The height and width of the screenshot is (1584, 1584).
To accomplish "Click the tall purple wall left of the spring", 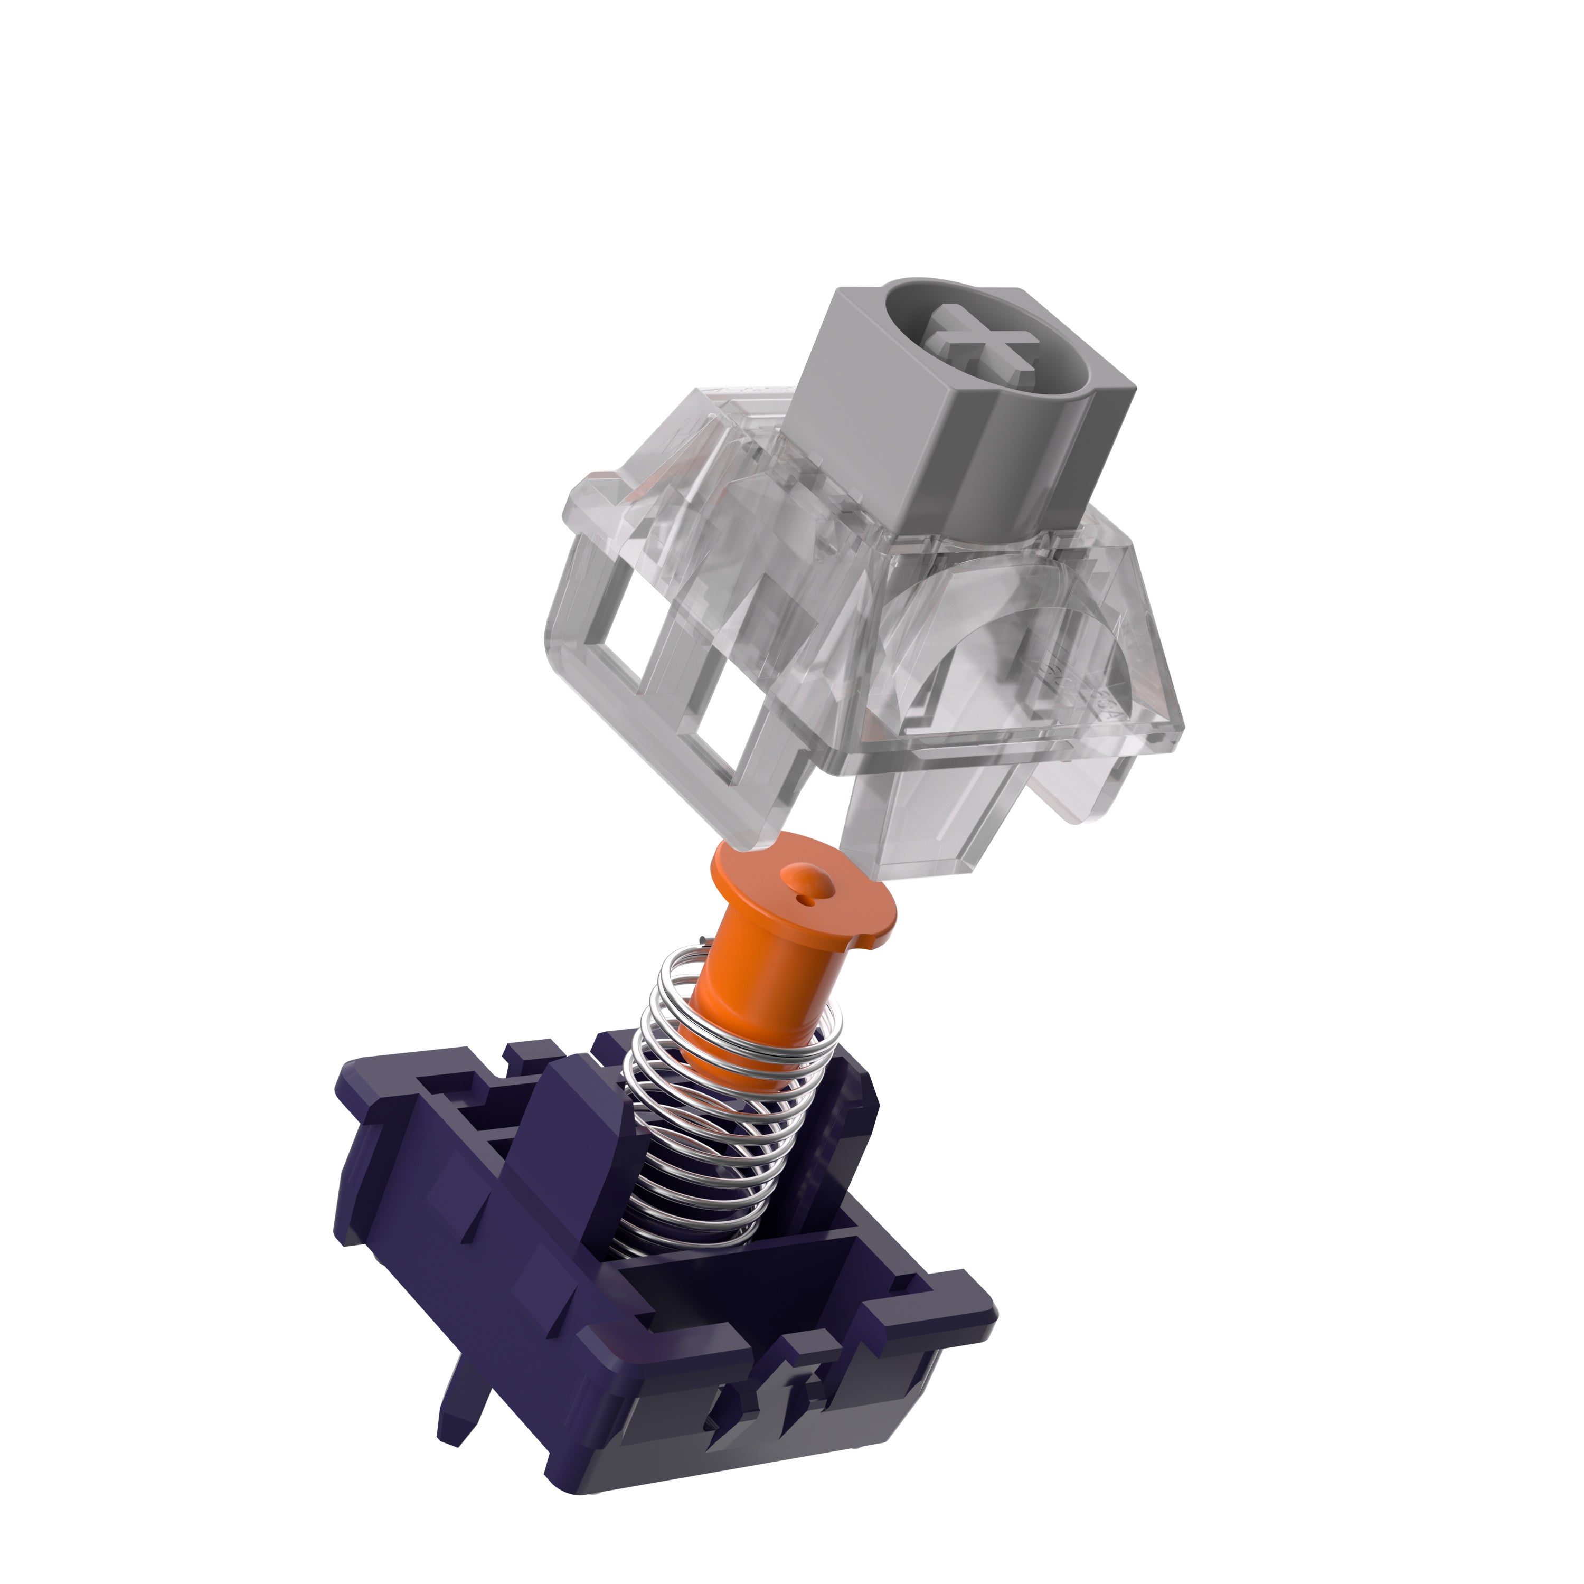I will [565, 1148].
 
